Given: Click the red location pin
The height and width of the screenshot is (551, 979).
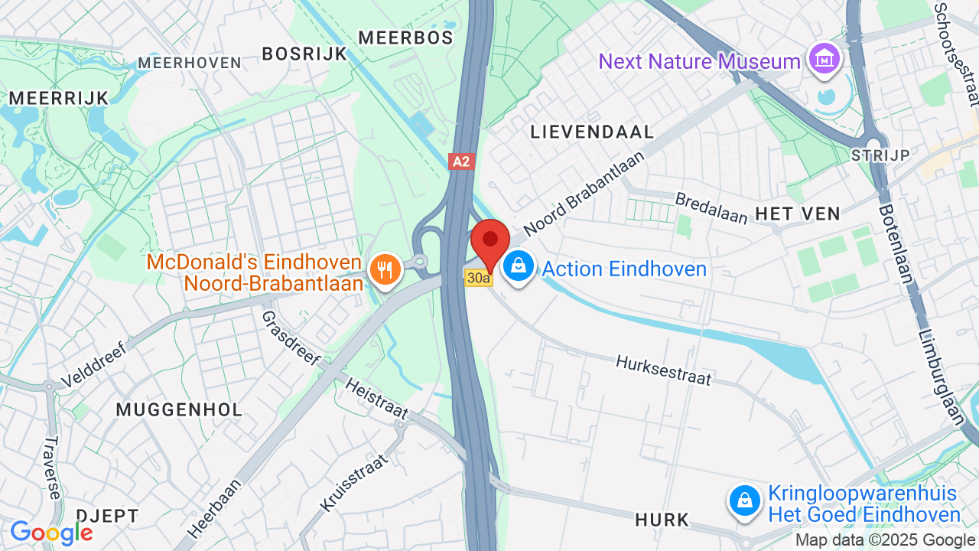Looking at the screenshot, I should click(x=490, y=242).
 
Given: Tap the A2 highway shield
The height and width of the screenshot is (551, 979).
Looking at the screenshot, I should click(x=461, y=161).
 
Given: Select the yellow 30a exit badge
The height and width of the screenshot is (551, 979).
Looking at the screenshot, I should click(x=479, y=279).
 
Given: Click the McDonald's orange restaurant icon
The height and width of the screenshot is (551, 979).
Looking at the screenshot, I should click(x=385, y=269).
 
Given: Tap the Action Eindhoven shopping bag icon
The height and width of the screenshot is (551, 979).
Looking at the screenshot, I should click(x=519, y=267).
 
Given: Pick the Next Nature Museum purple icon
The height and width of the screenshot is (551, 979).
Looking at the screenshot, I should click(x=824, y=57).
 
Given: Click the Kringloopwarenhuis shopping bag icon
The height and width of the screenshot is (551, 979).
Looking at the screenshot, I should click(x=744, y=501).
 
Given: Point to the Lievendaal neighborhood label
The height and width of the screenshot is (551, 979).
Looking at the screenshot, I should click(x=593, y=132).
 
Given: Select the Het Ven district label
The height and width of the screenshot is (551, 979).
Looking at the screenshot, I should click(x=798, y=214).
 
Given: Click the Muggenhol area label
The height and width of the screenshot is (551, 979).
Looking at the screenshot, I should click(x=179, y=409).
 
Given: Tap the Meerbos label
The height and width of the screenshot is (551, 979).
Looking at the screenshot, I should click(x=405, y=37).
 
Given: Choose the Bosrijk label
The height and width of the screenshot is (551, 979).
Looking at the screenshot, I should click(x=304, y=54).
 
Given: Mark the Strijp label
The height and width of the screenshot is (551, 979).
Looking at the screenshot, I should click(x=880, y=155).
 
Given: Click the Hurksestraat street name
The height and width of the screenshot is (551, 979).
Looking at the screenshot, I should click(x=663, y=370).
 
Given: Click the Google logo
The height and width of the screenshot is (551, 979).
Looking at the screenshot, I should click(x=51, y=533).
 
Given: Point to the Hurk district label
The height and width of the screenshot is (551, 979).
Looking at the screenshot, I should click(x=662, y=520).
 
